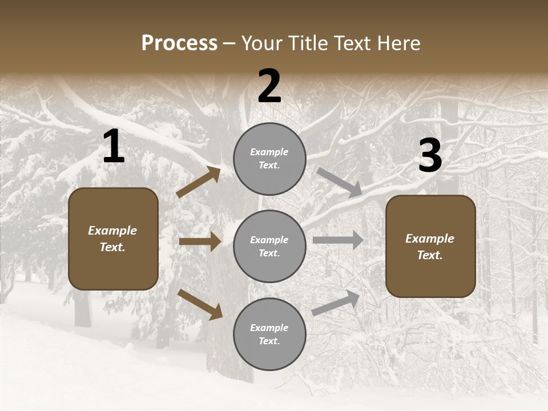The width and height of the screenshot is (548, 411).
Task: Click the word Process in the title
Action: tap(179, 43)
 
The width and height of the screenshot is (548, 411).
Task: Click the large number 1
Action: tap(114, 147)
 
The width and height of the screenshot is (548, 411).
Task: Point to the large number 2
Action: tap(269, 87)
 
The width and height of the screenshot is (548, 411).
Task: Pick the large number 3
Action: tap(430, 156)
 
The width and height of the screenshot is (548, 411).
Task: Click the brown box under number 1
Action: tap(113, 239)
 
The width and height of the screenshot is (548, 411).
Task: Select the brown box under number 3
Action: tap(430, 247)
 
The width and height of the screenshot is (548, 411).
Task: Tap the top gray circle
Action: tap(269, 159)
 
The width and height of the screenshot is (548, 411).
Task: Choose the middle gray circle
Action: tap(269, 247)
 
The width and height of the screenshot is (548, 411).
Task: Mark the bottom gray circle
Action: tap(269, 335)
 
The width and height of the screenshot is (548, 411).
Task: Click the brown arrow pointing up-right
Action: tap(199, 182)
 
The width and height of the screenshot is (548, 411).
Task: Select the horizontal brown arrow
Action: tap(200, 241)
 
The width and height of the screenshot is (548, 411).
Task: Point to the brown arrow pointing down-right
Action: tap(200, 304)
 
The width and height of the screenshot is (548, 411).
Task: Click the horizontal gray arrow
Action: tap(338, 240)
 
